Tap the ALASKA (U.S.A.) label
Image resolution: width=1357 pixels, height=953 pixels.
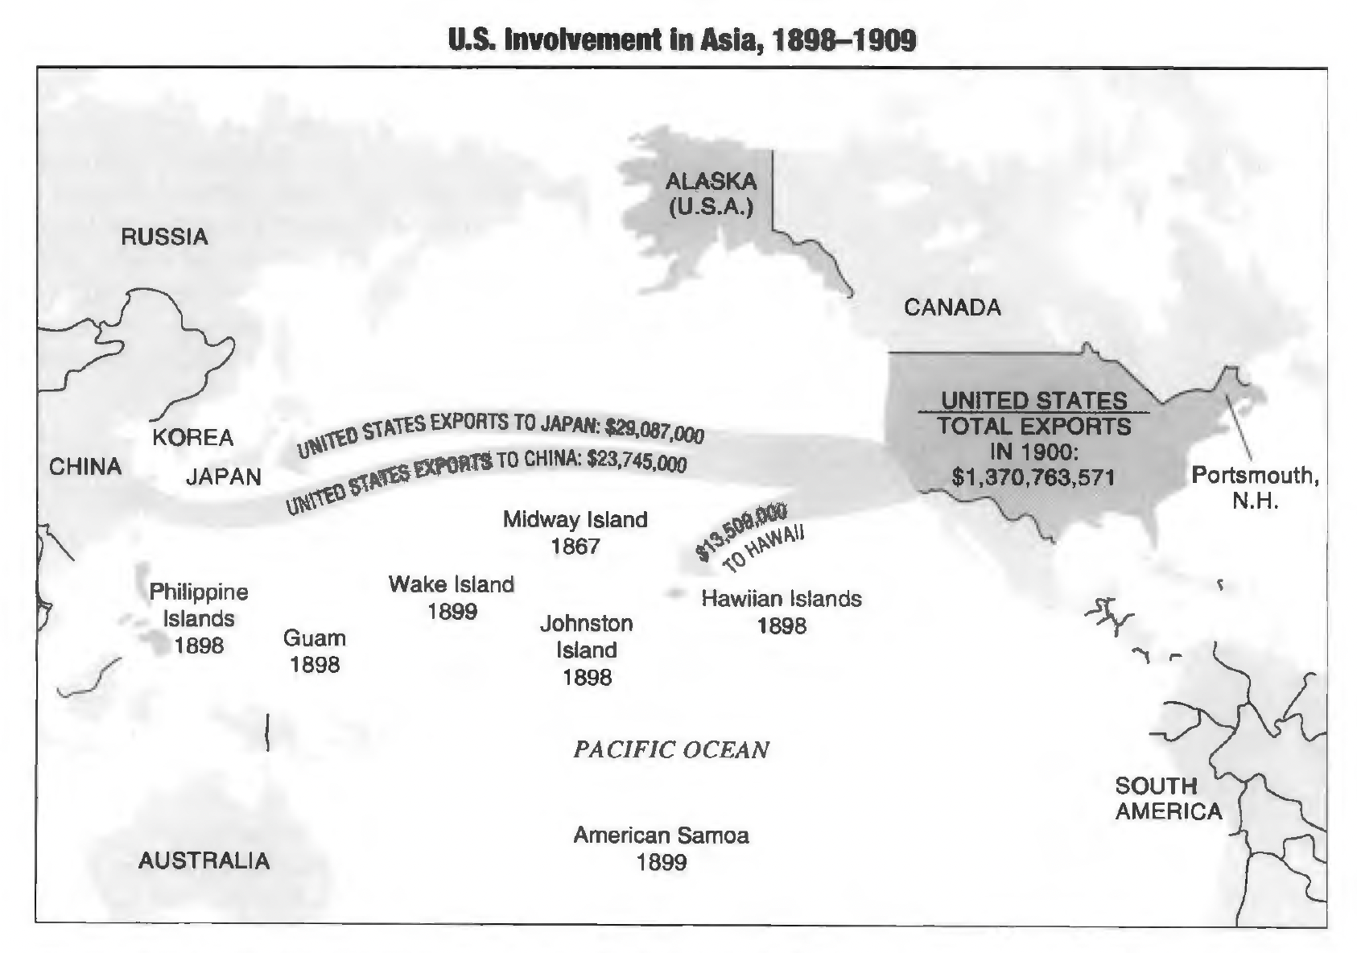[x=711, y=194]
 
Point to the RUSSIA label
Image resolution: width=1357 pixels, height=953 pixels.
[x=164, y=237]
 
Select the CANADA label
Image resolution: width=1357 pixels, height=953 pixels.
[x=952, y=307]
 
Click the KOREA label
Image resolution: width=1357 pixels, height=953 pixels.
[x=193, y=438]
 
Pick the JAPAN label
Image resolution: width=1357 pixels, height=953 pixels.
[x=224, y=477]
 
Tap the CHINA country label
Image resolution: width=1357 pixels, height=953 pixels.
[x=85, y=467]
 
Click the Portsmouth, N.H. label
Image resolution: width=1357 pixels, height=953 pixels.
[x=1255, y=489]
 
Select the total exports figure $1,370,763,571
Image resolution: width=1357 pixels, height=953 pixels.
[x=1033, y=477]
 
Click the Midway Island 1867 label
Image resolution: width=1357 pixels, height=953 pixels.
[x=575, y=533]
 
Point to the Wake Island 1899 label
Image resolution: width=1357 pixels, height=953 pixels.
[x=452, y=597]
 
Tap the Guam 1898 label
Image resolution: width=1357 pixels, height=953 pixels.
[x=315, y=651]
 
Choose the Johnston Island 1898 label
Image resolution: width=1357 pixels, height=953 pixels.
[x=587, y=650]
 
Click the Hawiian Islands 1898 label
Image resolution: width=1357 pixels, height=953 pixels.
[x=782, y=612]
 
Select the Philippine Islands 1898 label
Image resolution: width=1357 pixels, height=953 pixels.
[x=199, y=618]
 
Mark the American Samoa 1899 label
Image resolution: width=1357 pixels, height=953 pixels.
[x=661, y=848]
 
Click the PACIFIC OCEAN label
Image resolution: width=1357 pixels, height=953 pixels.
[x=670, y=750]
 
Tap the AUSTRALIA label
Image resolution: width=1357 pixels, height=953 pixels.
[x=204, y=860]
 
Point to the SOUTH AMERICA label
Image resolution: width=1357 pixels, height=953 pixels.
[x=1168, y=798]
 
